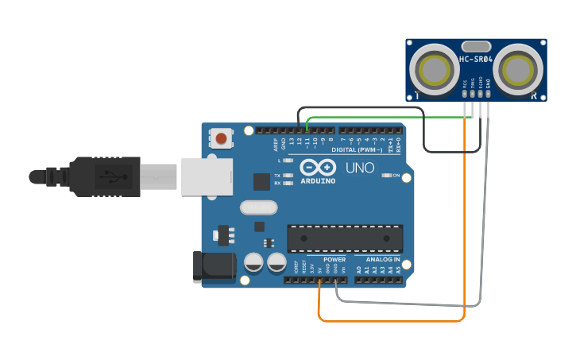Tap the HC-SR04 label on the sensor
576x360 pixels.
click(x=476, y=60)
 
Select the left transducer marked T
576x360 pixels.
click(x=435, y=71)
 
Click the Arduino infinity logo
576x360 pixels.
click(x=318, y=168)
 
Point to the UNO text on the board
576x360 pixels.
click(x=360, y=168)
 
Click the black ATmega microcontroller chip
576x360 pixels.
click(x=345, y=238)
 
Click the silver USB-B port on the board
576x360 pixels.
click(x=204, y=176)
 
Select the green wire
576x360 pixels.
click(x=389, y=118)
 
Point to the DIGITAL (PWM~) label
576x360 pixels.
click(x=357, y=149)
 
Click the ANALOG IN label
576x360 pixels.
click(x=382, y=260)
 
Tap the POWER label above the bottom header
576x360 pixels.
click(x=334, y=260)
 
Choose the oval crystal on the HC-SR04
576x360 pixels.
click(x=476, y=47)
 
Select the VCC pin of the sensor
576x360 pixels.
click(x=465, y=93)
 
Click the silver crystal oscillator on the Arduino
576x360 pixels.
click(x=259, y=208)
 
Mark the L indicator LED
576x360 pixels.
click(x=288, y=161)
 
